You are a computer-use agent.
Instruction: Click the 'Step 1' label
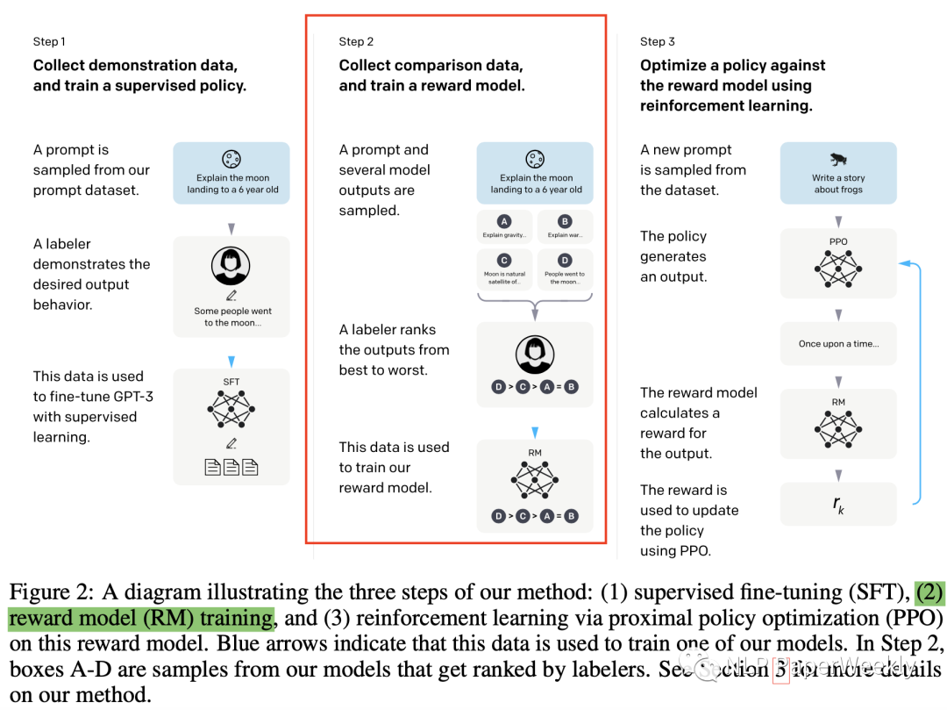pos(49,41)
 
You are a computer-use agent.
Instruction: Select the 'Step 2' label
pos(356,41)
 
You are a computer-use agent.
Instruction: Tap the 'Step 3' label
pos(658,41)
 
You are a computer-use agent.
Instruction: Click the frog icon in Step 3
pos(838,160)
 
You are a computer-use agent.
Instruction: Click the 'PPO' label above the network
pos(838,240)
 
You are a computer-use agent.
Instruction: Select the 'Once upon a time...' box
pos(838,344)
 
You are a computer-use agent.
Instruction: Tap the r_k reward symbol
pos(838,504)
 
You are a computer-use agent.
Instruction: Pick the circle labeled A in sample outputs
pos(504,222)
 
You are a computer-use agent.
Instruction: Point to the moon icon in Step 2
pos(536,160)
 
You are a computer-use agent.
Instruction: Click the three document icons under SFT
pos(231,467)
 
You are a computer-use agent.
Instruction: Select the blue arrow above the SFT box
pos(231,361)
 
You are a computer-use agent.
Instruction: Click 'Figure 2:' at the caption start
pos(40,592)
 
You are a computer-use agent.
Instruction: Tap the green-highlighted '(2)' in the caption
pos(930,592)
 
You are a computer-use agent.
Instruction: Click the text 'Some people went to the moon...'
pos(231,317)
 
